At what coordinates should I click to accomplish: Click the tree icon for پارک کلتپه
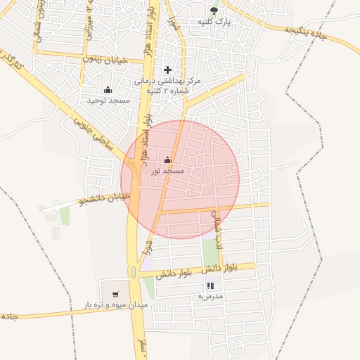point(214,10)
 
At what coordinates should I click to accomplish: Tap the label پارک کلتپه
point(214,22)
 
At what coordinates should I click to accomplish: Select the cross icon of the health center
point(167,70)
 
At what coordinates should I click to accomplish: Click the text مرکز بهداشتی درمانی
point(168,81)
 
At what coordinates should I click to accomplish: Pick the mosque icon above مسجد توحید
point(108,89)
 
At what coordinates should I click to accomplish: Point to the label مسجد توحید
point(108,101)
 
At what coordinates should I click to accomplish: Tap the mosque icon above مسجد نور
point(167,160)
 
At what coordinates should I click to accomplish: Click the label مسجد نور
point(168,171)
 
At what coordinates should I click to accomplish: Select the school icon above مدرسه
point(210,285)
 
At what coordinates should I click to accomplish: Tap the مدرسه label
point(210,297)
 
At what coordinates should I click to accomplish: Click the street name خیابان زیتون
point(106,60)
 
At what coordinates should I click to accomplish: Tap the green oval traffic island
point(133,271)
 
